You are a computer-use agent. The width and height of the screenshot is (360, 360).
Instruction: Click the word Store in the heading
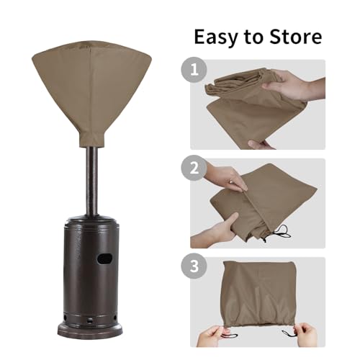pyautogui.click(x=296, y=37)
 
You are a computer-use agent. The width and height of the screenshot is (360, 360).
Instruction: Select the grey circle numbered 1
pyautogui.click(x=194, y=70)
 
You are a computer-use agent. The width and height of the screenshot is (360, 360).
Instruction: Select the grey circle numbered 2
pyautogui.click(x=194, y=168)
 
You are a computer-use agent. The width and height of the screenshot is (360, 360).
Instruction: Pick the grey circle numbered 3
pyautogui.click(x=194, y=266)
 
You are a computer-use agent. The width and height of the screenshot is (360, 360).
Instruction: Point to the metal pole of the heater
pyautogui.click(x=92, y=181)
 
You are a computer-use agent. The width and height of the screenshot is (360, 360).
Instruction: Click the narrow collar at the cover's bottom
pyautogui.click(x=92, y=139)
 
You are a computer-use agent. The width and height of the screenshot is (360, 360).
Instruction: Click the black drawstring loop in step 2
pyautogui.click(x=281, y=232)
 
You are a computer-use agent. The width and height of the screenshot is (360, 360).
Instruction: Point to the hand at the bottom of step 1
pyautogui.click(x=261, y=145)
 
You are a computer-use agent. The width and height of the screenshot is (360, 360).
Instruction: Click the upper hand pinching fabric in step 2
pyautogui.click(x=225, y=174)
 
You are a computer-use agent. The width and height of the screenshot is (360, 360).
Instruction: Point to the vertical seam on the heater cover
pyautogui.click(x=90, y=92)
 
